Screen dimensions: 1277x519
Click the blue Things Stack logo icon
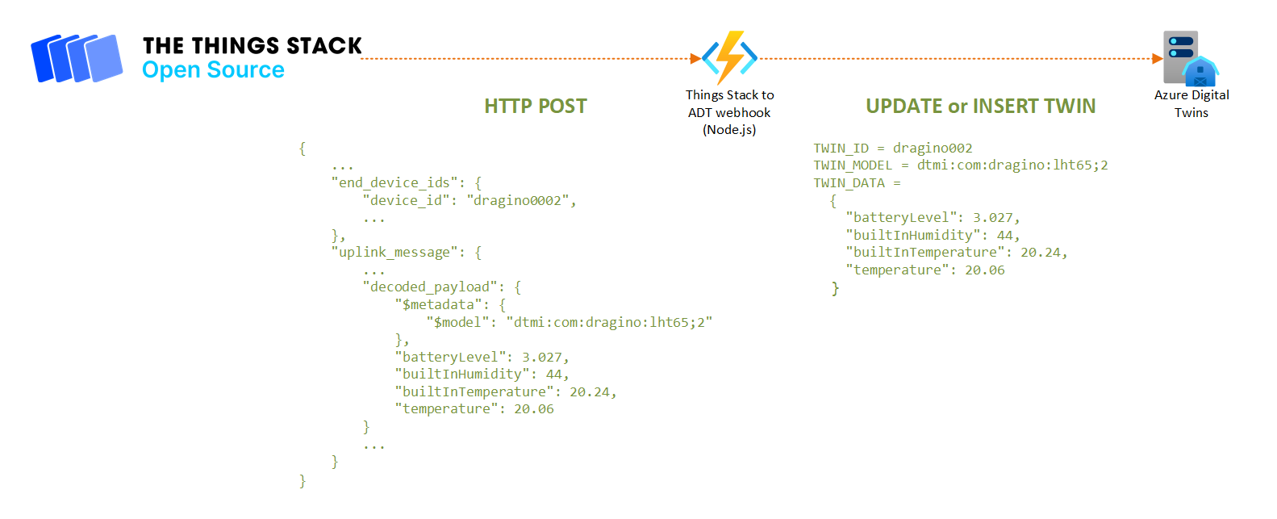(x=77, y=58)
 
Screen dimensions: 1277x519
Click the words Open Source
(x=213, y=70)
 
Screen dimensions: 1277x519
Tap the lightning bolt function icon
(x=730, y=57)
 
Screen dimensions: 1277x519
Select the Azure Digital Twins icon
(x=1190, y=58)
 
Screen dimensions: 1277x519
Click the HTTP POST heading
(x=536, y=107)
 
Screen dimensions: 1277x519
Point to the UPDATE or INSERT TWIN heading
(x=980, y=107)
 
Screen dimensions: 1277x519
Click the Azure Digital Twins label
(x=1191, y=103)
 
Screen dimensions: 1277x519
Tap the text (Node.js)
(x=729, y=130)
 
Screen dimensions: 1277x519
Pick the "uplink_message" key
(x=394, y=253)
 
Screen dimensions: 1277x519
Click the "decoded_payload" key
(x=430, y=287)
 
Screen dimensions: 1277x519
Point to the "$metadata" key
(x=438, y=305)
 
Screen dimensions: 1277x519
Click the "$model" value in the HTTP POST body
(x=609, y=323)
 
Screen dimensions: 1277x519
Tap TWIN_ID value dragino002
(x=933, y=149)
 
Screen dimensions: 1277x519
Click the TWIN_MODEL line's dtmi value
(x=1012, y=165)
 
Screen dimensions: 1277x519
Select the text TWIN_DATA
(x=849, y=183)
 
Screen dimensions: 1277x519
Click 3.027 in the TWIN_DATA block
(x=992, y=218)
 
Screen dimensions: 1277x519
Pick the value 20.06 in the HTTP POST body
(x=534, y=409)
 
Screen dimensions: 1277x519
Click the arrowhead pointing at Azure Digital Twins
(x=1157, y=59)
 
